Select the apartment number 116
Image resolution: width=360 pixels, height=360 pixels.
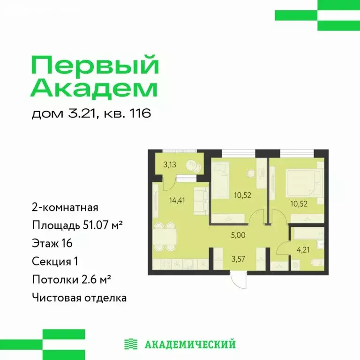(x=140, y=114)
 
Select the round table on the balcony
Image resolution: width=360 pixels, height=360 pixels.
(x=193, y=166)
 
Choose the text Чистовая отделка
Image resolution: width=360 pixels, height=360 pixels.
(x=79, y=297)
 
